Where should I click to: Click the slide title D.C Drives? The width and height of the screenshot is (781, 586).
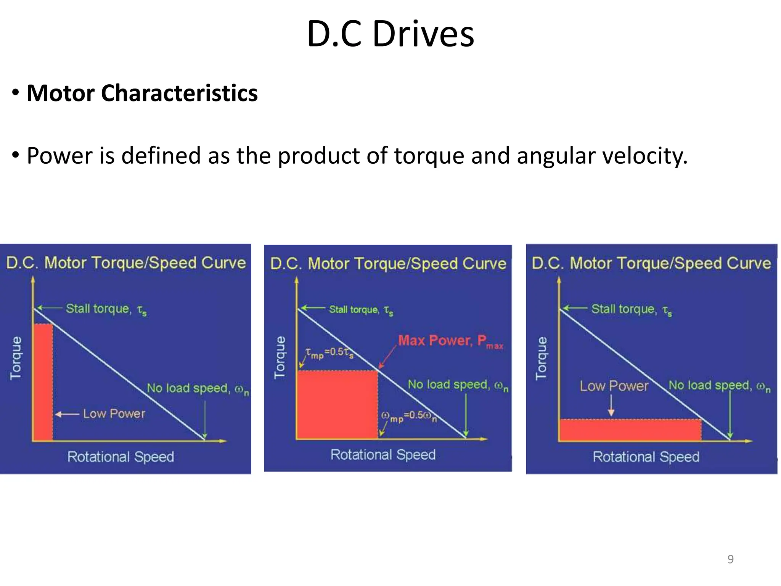tap(390, 34)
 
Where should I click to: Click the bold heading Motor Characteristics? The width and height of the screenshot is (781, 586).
tap(142, 93)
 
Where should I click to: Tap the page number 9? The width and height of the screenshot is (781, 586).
tap(730, 559)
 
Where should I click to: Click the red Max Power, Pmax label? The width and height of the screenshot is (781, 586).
tap(450, 341)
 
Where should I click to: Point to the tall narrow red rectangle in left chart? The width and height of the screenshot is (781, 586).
tap(43, 382)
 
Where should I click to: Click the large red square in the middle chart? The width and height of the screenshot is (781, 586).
tap(337, 404)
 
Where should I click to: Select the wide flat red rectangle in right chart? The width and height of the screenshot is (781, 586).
tap(629, 430)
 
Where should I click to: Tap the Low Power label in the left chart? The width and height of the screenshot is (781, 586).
tap(114, 414)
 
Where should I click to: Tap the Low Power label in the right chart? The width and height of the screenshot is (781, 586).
tap(614, 386)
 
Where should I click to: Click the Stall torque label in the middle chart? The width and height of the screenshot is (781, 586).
tap(360, 309)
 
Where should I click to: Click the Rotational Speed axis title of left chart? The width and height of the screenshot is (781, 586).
tap(121, 457)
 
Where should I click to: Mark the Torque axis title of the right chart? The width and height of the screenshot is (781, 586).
tap(541, 358)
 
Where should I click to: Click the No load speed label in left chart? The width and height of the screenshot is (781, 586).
tap(198, 388)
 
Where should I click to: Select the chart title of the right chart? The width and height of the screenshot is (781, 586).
tap(651, 263)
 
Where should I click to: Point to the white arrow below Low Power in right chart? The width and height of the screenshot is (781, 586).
tap(611, 405)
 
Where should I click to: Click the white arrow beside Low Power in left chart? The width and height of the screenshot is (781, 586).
tap(67, 414)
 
